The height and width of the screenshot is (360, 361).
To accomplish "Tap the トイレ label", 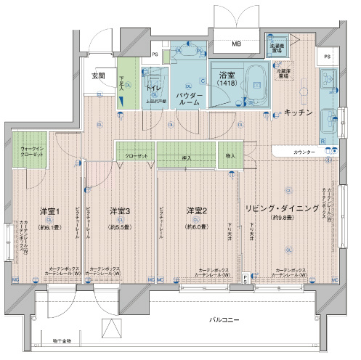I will (x=154, y=88).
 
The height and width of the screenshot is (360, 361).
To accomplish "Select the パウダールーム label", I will (x=190, y=98).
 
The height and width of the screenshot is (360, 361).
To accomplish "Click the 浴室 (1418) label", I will (x=223, y=80).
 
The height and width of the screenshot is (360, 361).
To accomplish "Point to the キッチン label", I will (x=299, y=112).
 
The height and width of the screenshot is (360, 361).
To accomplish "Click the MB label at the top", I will (x=237, y=44).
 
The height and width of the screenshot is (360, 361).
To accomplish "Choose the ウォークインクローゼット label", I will (x=27, y=152).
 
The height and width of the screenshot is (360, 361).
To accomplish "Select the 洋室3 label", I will (x=120, y=210).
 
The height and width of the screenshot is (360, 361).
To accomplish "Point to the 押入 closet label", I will (x=187, y=157).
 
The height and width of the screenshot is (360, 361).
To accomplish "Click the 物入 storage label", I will (x=230, y=156).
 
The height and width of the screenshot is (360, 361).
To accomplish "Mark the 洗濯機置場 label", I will (x=277, y=49).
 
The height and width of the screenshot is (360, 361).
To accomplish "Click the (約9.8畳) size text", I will (x=281, y=217).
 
